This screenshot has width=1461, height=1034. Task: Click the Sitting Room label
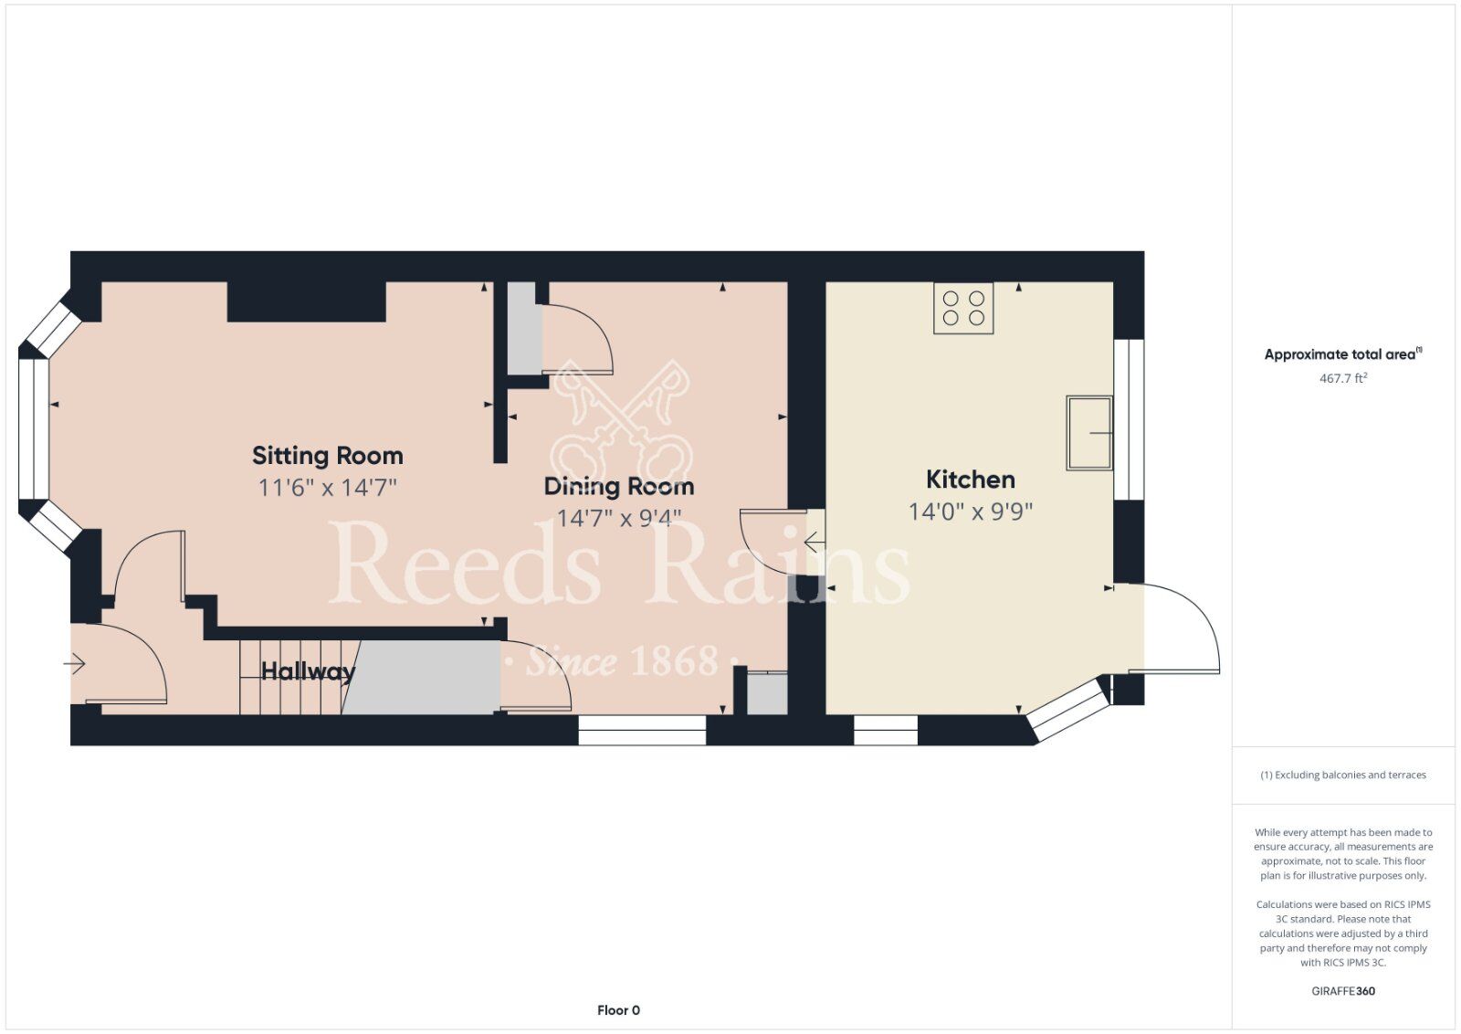click(x=328, y=456)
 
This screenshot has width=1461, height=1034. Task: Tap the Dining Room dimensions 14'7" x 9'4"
click(x=619, y=518)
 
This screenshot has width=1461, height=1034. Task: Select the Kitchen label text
click(x=971, y=480)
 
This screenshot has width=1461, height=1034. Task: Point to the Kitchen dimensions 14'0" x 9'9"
click(x=971, y=512)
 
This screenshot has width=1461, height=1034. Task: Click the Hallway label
click(x=308, y=671)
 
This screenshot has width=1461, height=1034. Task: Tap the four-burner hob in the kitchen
click(x=963, y=308)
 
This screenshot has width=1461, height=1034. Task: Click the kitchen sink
click(x=1089, y=433)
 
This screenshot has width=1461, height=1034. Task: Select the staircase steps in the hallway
click(x=291, y=677)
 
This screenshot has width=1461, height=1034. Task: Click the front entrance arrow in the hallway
click(x=74, y=664)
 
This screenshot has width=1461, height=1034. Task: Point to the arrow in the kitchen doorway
click(x=814, y=542)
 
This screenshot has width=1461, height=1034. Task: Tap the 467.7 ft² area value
click(x=1343, y=378)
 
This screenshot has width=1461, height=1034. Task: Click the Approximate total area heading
click(x=1343, y=354)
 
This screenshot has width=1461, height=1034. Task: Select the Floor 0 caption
click(x=618, y=1010)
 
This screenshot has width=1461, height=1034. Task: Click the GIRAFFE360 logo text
click(x=1343, y=991)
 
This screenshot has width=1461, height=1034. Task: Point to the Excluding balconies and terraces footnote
click(x=1343, y=775)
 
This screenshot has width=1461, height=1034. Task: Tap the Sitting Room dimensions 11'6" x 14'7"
click(x=328, y=488)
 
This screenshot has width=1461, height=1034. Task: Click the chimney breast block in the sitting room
click(x=307, y=301)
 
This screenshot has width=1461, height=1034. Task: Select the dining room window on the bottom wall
click(x=642, y=730)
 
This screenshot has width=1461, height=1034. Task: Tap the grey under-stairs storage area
click(x=421, y=677)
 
